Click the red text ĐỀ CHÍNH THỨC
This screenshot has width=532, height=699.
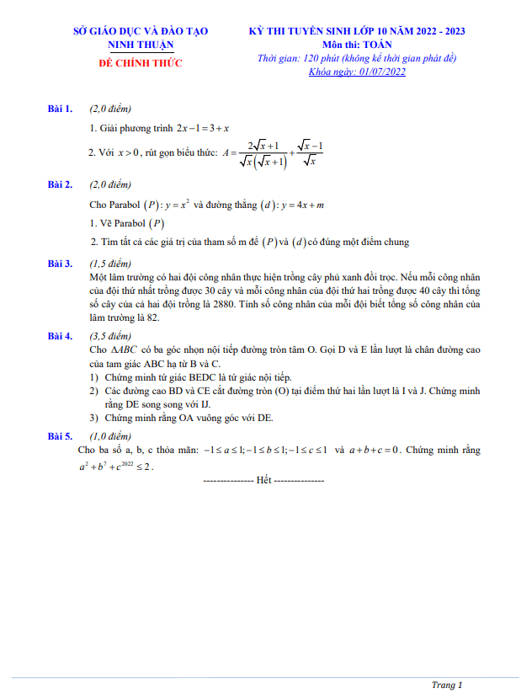tap(141, 63)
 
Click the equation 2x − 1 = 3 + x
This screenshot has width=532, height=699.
tap(203, 128)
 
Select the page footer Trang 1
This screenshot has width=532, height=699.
tap(447, 685)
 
